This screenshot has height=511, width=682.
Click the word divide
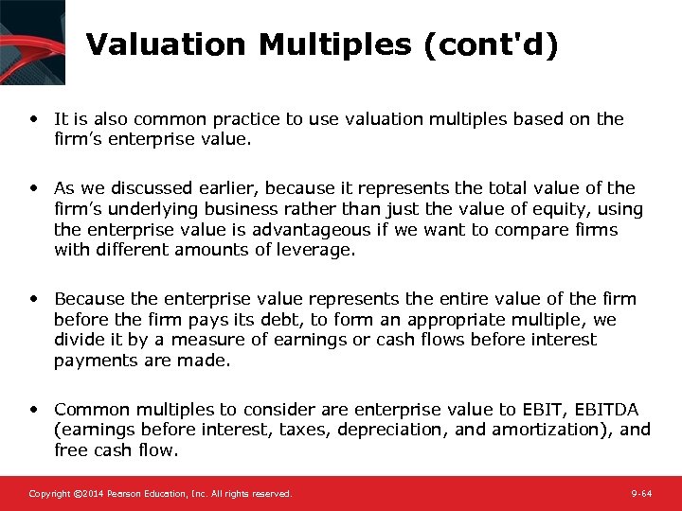click(x=80, y=340)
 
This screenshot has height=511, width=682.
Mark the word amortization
click(x=532, y=430)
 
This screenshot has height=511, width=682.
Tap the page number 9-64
click(x=641, y=494)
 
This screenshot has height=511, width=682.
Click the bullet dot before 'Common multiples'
click(x=34, y=409)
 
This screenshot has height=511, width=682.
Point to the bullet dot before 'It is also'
click(x=34, y=119)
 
